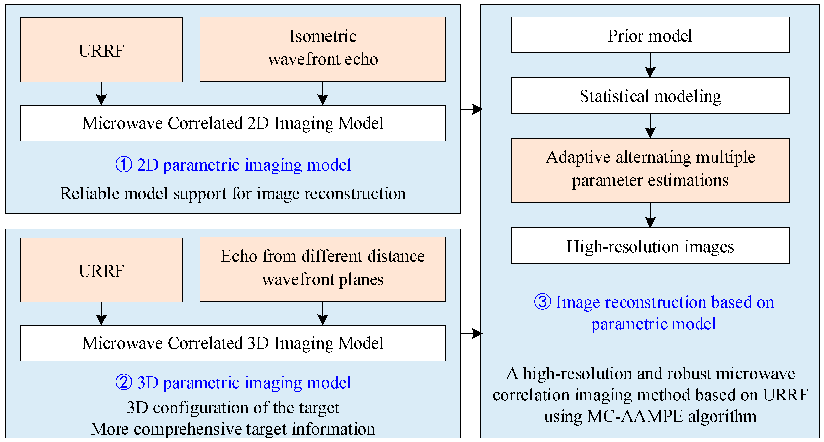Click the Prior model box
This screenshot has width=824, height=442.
650,35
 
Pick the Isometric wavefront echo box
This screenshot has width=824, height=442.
322,49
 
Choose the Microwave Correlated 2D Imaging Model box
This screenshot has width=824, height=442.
232,123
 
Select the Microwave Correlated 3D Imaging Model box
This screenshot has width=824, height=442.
232,343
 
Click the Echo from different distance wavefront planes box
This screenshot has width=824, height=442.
322,269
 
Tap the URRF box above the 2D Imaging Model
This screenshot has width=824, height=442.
101,50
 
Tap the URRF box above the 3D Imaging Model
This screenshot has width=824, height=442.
101,270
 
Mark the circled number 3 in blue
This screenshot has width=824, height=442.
543,302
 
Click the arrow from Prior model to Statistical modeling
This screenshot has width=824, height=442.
650,65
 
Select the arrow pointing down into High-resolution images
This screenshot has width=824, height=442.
650,215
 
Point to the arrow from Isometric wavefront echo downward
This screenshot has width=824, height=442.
322,93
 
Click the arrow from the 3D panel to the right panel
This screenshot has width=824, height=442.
471,333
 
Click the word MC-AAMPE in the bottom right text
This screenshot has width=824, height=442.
635,416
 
